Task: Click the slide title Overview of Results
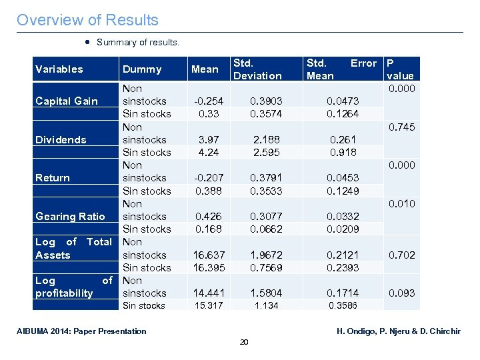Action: [87, 20]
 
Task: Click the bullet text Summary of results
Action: [137, 43]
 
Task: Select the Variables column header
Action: [59, 69]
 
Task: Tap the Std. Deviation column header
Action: [257, 69]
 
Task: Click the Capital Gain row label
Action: [67, 101]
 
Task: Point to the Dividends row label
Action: [61, 139]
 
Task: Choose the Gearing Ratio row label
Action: [70, 216]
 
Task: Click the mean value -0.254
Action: [208, 101]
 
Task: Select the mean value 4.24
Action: [208, 152]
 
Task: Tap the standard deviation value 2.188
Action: [265, 139]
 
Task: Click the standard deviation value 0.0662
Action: [265, 229]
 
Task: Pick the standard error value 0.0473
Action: [342, 101]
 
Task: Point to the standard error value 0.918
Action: [342, 152]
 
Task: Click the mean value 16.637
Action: [208, 255]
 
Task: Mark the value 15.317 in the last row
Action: [208, 305]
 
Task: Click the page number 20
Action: [243, 342]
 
